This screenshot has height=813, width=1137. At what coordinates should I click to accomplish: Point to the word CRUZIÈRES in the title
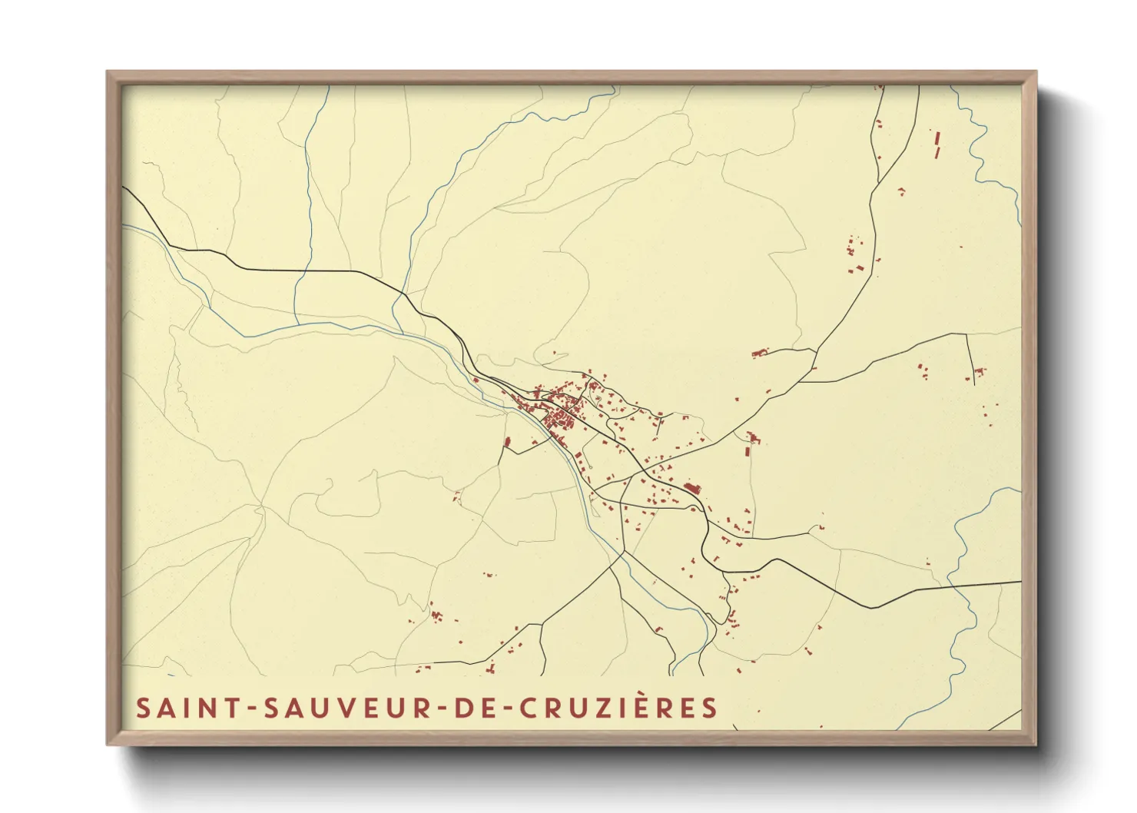coord(619,708)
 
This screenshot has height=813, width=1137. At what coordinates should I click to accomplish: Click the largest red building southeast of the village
coord(693,488)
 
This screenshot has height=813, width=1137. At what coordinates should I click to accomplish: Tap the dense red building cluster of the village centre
coord(561,420)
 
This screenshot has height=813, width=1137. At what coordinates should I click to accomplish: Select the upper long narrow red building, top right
coord(937,138)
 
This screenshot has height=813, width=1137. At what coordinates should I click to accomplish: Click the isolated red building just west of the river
coord(507,442)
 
